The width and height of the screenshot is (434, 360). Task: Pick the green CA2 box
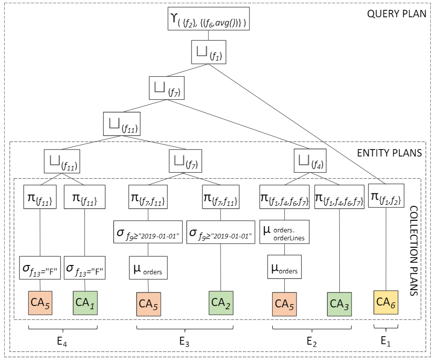coord(221,304)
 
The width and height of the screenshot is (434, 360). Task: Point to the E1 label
coord(385,341)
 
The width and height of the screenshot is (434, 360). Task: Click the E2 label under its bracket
coord(312,342)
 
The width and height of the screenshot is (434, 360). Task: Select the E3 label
coord(184,342)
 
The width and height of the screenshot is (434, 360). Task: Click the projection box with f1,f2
coord(385,197)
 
